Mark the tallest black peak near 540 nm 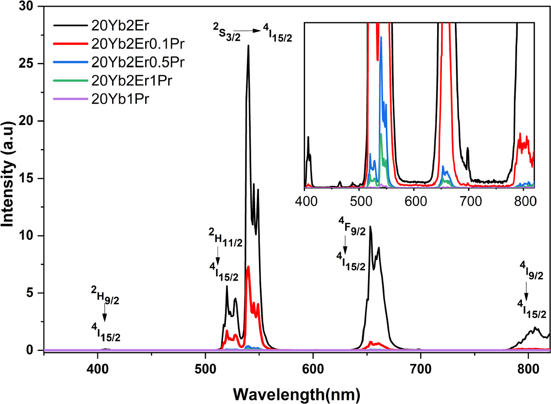(x=248, y=45)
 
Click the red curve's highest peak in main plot (x=248, y=266)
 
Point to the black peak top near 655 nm (x=370, y=226)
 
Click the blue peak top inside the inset (x=381, y=37)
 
